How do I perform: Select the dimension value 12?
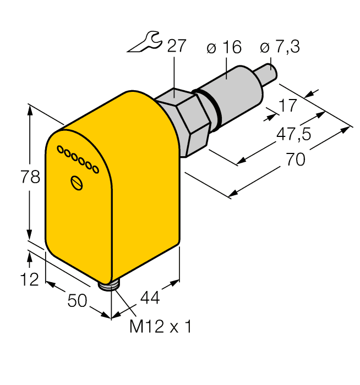click(x=29, y=279)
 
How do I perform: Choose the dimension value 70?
click(x=296, y=159)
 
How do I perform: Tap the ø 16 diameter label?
click(x=224, y=48)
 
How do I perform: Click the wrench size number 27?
click(x=176, y=47)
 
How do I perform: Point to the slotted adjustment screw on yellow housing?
click(x=78, y=183)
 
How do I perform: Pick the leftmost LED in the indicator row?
click(x=60, y=149)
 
